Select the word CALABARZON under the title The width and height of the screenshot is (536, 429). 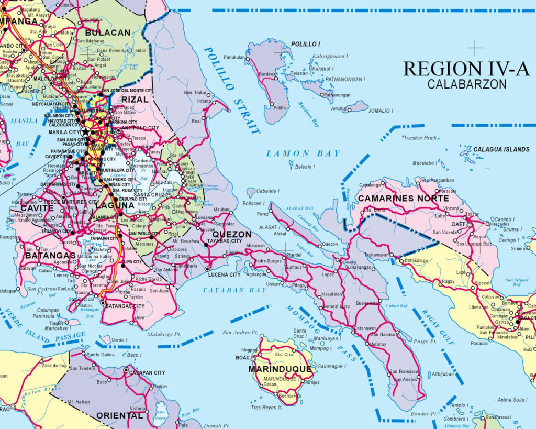466,84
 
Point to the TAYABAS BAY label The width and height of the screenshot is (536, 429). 234,290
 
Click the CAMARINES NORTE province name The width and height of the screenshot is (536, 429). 403,199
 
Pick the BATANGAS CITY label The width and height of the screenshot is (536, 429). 125,306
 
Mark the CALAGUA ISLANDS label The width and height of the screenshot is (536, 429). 501,149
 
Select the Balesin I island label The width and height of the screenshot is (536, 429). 304,167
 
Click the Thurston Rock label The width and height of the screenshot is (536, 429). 418,138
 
